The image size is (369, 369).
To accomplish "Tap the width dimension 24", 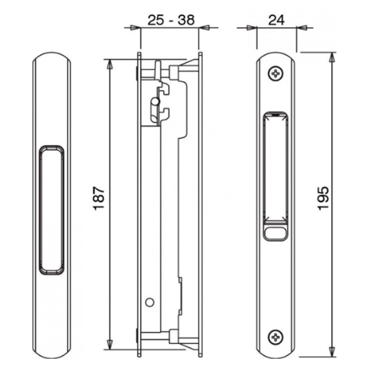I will click(x=276, y=20).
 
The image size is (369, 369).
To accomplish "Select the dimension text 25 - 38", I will click(x=170, y=20).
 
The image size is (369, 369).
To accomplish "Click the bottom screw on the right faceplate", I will click(x=275, y=336).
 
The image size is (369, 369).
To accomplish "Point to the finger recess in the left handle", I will click(x=52, y=209).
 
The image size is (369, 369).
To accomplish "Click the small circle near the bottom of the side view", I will click(x=148, y=303).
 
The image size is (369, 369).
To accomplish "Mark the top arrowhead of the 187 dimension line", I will click(x=111, y=62).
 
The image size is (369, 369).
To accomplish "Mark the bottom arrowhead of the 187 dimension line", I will click(x=111, y=346).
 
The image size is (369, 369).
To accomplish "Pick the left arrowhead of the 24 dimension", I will click(x=250, y=28).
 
